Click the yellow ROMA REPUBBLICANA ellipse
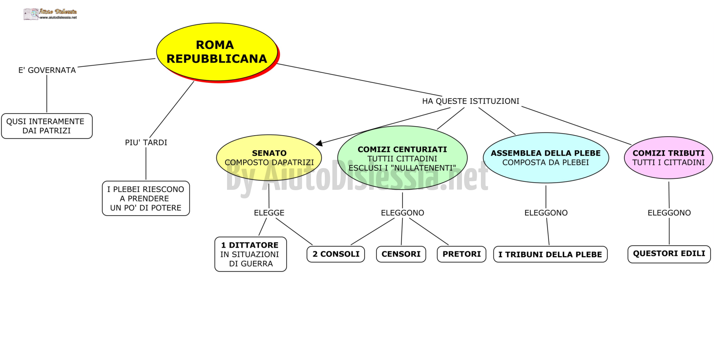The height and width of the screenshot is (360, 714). point(217,52)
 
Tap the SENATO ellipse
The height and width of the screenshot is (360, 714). point(269,158)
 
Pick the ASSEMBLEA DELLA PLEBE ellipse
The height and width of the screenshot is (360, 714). point(546,158)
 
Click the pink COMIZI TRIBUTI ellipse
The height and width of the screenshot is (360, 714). point(668,158)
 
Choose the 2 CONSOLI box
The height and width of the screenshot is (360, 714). point(336,254)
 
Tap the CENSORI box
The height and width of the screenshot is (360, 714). point(401,254)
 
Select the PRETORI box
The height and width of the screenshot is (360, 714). point(462,254)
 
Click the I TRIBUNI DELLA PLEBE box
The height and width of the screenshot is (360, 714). point(550,254)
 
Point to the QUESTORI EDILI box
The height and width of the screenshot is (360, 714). point(669,254)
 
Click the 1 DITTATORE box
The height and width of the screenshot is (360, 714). point(251,254)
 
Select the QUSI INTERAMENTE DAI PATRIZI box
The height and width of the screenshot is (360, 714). point(47,126)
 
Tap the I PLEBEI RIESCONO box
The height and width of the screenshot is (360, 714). point(146,198)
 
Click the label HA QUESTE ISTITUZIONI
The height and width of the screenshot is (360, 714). point(471,101)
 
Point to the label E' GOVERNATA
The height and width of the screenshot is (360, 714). point(47,70)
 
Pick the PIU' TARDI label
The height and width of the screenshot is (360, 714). point(146,143)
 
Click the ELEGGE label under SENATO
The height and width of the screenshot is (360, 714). point(269,213)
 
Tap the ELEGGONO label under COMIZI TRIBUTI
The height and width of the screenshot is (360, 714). point(669,213)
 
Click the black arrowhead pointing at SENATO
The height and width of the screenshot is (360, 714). point(319,143)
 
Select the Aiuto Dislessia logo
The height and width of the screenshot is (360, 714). point(50,14)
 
